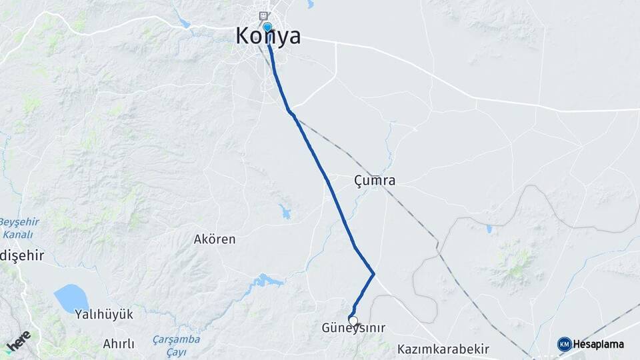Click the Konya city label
[x=268, y=37]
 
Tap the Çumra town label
[x=375, y=181]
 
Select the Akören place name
[x=214, y=239]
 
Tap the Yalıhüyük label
[x=104, y=314]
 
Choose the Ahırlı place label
[x=119, y=344]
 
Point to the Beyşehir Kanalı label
[x=19, y=227]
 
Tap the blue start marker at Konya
[x=267, y=27]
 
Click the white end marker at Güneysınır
[x=353, y=320]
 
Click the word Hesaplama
[x=599, y=345]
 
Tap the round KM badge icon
[x=564, y=344]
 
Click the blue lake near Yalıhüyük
[x=71, y=298]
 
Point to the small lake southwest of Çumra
[x=285, y=213]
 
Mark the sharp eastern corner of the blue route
[x=373, y=273]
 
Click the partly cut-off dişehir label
[x=21, y=255]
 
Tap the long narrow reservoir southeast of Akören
[x=267, y=281]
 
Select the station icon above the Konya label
[x=265, y=15]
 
